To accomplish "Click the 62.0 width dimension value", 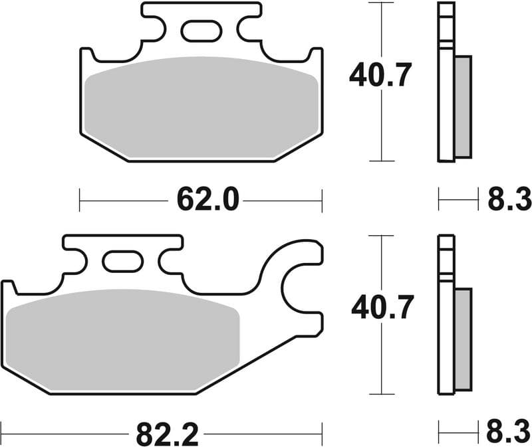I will [x=207, y=199].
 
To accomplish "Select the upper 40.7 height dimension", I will [x=381, y=76].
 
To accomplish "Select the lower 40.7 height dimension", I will [x=382, y=308].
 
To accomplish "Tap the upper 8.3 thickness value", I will [x=509, y=199].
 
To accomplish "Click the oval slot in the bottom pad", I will [x=123, y=261].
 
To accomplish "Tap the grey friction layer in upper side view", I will [x=462, y=106].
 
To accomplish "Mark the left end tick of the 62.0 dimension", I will [x=80, y=199].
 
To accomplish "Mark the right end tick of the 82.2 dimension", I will [x=322, y=434].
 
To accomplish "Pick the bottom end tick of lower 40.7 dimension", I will [x=382, y=394].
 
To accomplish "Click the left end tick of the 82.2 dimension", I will [x=2, y=434].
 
